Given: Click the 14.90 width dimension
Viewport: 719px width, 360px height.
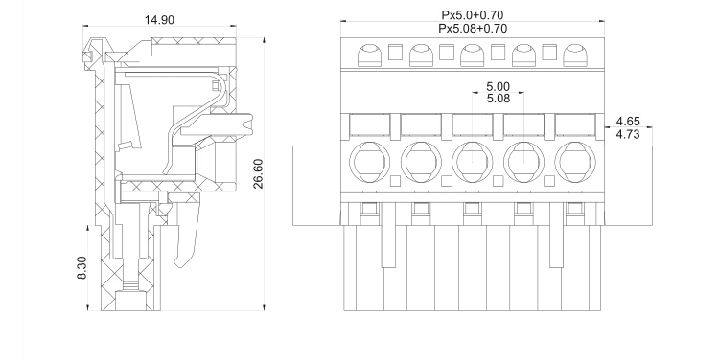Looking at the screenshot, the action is [x=159, y=20].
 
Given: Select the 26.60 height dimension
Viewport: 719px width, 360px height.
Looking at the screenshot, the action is [x=258, y=173].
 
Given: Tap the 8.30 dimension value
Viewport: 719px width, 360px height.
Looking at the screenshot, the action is [x=81, y=268].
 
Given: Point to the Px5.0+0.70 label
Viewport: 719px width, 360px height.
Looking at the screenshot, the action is [x=473, y=15].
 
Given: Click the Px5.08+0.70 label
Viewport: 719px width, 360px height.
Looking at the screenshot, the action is [x=473, y=29].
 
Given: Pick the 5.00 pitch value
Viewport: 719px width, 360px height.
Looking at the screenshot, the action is [x=498, y=86].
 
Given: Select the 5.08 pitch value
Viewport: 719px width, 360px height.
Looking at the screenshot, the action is [x=498, y=99].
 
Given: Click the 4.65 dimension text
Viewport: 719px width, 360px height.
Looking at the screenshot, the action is [x=628, y=122].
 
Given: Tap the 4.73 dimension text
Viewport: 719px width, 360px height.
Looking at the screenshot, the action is [x=628, y=134].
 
